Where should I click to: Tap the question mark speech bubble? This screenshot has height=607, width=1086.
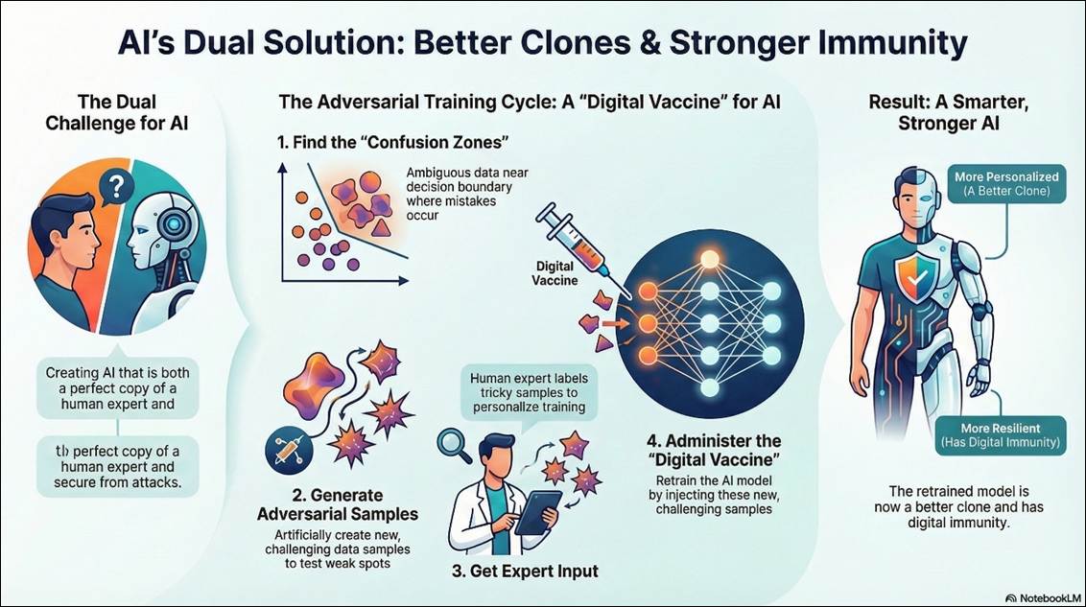[x=116, y=187]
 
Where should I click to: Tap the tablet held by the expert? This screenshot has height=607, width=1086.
[x=537, y=511]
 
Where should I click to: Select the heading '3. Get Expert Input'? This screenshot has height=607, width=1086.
[x=525, y=572]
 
